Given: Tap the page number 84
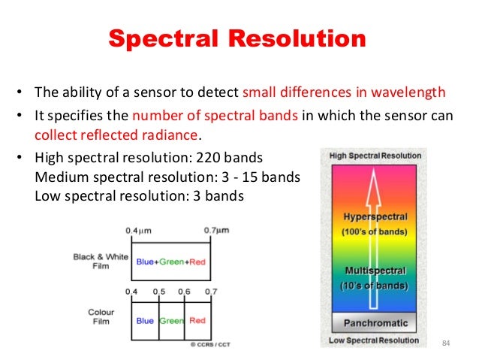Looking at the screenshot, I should (446, 343).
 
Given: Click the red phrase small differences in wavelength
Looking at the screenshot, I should (344, 93).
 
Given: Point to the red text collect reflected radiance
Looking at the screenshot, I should (116, 136).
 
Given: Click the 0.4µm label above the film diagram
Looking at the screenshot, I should (137, 229).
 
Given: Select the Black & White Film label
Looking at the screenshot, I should (100, 261).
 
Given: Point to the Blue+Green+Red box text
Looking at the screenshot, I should (171, 262).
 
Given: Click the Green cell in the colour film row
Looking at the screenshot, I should (171, 320).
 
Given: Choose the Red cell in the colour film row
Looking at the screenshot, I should (197, 320).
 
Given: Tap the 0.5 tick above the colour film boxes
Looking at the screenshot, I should (159, 291).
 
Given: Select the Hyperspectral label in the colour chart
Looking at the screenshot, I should (375, 216).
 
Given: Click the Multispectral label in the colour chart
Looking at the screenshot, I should (375, 270).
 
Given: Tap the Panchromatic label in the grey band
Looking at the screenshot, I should (375, 323).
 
